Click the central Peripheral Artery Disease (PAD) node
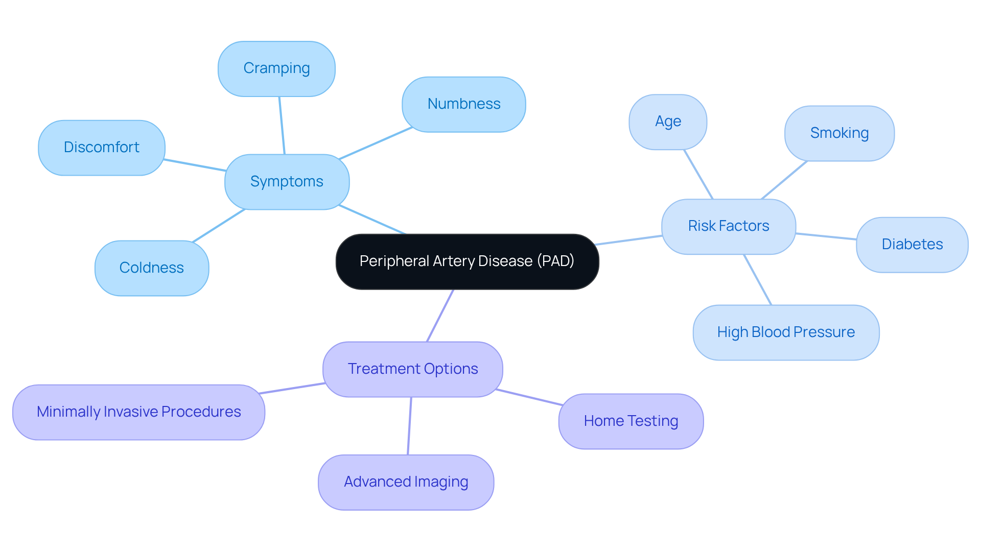coord(467,261)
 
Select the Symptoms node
coord(287,182)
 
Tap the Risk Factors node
coord(728,226)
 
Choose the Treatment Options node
coord(412,369)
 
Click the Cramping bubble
coord(276,68)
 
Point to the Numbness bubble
coord(463,104)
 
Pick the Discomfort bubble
coord(101,148)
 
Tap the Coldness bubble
coord(151,268)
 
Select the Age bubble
coord(668,122)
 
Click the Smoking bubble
coord(839,133)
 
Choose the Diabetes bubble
coord(912,245)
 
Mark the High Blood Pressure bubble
coord(786,332)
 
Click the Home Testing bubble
coord(630,421)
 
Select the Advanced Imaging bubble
coord(406,482)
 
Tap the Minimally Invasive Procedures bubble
coord(138,412)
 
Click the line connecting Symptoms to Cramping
coord(282,125)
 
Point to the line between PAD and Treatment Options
coord(440,316)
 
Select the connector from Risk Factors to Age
coord(698,174)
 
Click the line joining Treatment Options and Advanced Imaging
coord(409,426)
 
